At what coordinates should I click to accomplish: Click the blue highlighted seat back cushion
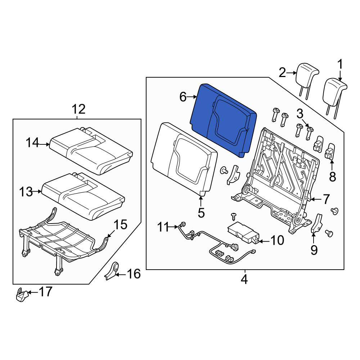tap(224, 120)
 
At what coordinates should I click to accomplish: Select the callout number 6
tap(183, 97)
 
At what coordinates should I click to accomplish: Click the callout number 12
tap(78, 109)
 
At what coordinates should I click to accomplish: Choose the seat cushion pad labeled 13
tap(83, 196)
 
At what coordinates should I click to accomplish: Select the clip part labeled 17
tap(22, 294)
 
